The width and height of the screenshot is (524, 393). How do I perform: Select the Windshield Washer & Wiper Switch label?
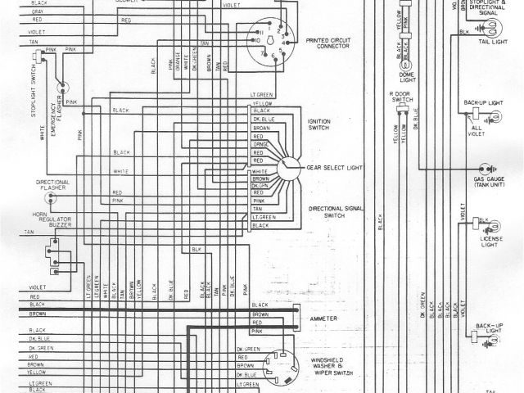(329, 357)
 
